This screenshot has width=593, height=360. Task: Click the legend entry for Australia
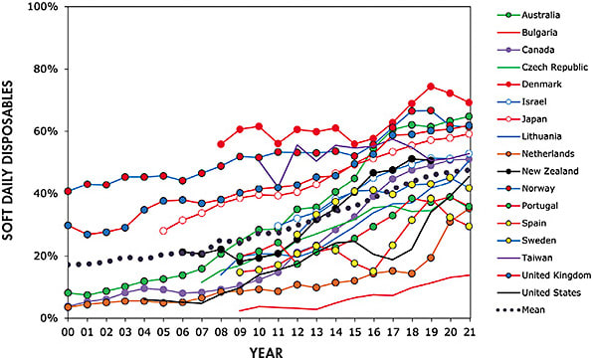[531, 16]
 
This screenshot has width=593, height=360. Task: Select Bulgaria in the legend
[528, 33]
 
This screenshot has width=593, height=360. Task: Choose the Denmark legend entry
[530, 83]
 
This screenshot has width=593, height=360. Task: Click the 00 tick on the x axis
[67, 331]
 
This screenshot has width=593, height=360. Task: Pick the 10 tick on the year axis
[259, 331]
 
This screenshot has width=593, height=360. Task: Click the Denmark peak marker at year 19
[431, 87]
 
